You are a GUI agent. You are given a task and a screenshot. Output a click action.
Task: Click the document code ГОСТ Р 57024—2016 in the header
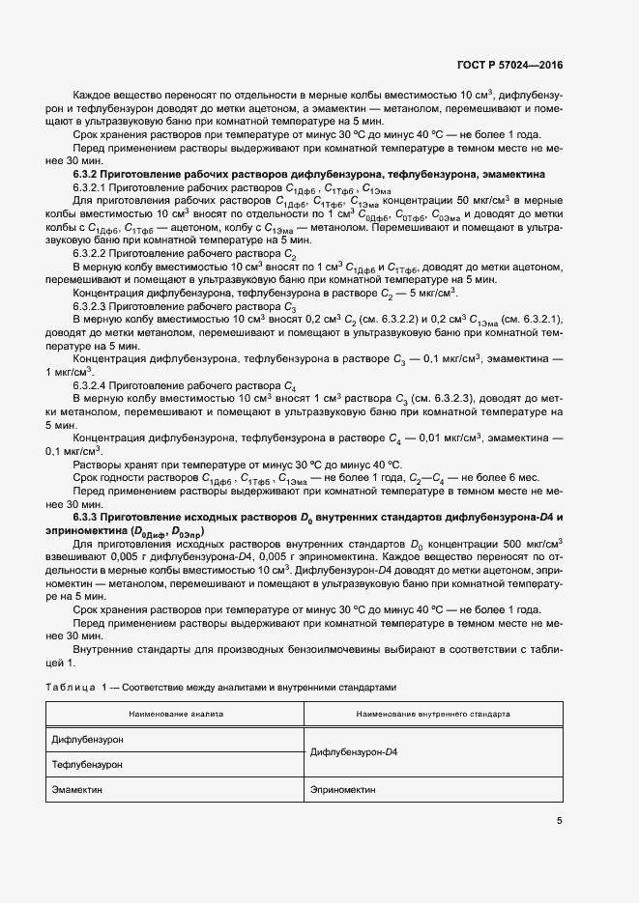point(509,66)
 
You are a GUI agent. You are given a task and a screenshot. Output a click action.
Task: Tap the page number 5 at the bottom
point(560,821)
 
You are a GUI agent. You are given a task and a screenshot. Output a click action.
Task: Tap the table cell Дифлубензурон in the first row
point(87,739)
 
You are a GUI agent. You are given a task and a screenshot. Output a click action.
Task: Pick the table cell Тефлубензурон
point(87,764)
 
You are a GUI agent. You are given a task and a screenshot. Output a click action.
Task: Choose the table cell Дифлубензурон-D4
point(355,751)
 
